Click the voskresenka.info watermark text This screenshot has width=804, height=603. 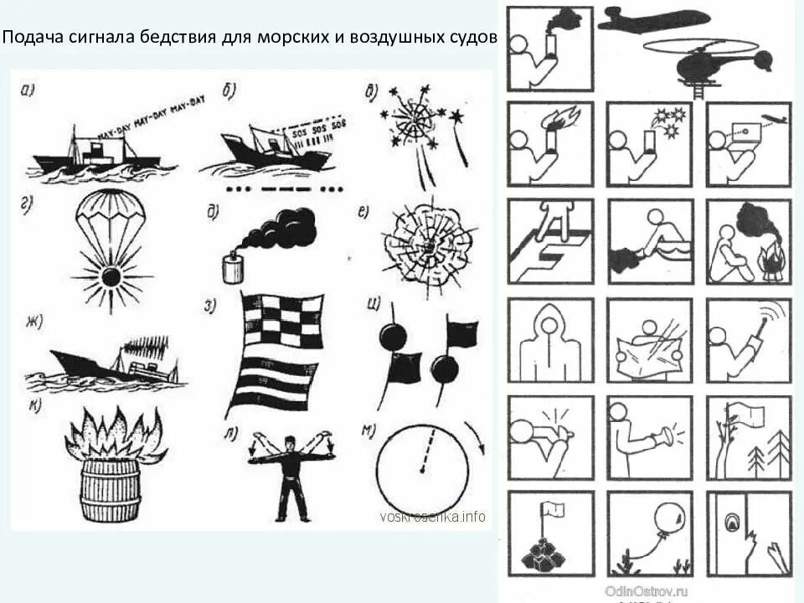pos(432,517)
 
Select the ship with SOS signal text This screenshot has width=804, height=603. pos(268,147)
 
